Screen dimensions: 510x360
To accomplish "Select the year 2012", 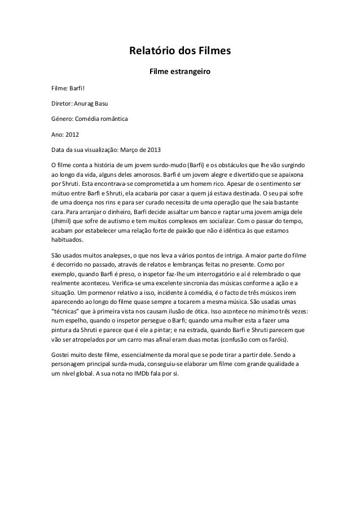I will click(72, 136).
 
